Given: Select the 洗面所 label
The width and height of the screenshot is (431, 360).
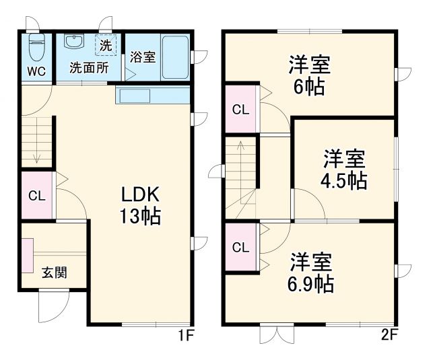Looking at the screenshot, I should [90, 68].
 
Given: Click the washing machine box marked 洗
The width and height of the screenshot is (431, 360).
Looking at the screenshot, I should [106, 46].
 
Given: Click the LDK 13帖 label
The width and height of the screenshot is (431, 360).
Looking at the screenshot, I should [140, 205].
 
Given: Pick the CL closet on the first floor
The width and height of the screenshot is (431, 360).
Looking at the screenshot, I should [36, 196].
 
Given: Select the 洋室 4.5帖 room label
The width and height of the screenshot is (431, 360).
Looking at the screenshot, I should [343, 170].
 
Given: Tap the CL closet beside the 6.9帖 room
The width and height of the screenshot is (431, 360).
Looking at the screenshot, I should [240, 246].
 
